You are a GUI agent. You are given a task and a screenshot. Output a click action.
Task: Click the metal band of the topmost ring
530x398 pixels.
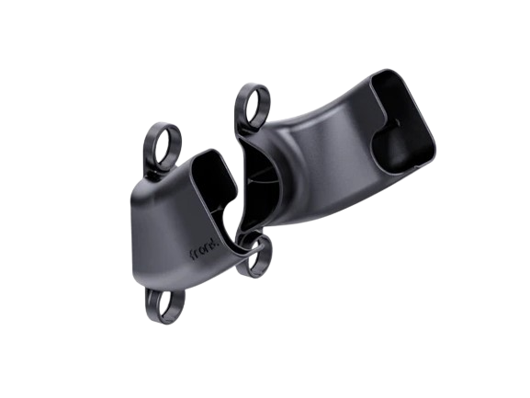click(240, 92)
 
